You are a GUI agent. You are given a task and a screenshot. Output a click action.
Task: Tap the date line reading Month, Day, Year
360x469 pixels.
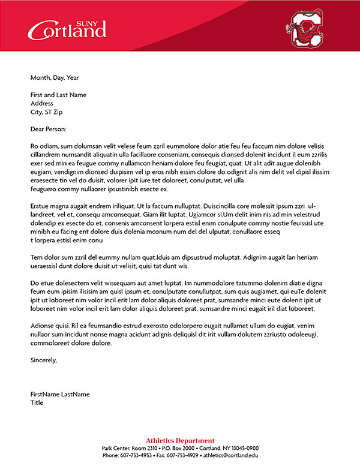(x=55, y=77)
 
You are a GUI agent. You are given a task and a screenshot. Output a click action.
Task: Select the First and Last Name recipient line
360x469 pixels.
(x=58, y=95)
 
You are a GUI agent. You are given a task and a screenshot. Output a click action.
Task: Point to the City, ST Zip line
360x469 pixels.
(x=46, y=112)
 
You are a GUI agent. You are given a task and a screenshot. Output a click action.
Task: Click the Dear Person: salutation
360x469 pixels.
(x=48, y=129)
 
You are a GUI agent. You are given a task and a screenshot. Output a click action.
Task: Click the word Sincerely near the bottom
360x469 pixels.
(x=43, y=360)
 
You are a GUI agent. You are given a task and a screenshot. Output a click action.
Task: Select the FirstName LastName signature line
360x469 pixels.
(x=60, y=394)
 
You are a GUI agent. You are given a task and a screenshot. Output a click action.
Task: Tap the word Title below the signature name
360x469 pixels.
(x=37, y=402)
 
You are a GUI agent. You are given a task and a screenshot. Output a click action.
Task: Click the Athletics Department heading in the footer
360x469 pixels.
(x=180, y=441)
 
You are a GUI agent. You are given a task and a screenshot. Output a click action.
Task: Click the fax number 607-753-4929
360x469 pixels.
(x=181, y=455)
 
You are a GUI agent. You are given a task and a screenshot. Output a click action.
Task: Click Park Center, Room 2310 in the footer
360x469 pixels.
(x=130, y=448)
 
